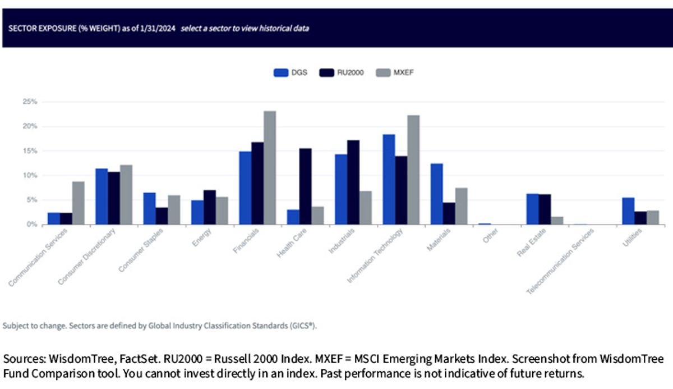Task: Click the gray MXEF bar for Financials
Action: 270,168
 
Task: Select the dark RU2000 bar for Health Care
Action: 305,186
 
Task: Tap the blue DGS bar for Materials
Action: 436,194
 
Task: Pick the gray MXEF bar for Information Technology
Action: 413,170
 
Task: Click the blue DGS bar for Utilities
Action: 628,211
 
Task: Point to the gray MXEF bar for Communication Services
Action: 78,203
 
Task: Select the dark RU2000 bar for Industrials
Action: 353,182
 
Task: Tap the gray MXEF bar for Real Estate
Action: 557,221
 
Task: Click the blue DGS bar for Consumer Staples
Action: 149,209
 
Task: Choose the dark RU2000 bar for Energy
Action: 210,208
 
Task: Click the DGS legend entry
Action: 291,73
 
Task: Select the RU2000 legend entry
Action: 342,73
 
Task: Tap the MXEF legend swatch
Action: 383,73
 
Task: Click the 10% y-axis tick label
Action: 30,175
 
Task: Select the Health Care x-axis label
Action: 292,243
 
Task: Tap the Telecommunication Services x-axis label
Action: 560,261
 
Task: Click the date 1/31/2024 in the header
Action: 158,29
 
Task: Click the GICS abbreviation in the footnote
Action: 302,326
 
